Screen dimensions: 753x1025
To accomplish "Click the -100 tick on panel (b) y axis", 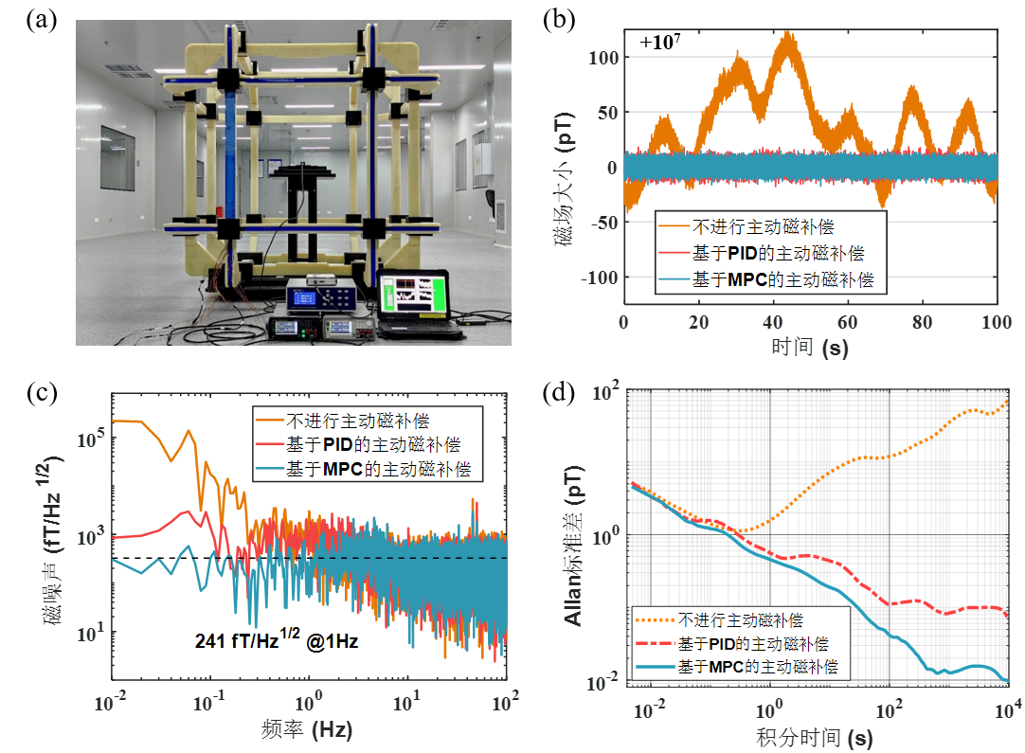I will tap(597, 278).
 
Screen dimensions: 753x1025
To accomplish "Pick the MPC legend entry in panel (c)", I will tap(370, 468).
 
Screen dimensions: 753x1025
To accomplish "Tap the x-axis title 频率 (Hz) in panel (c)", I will tap(309, 730).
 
